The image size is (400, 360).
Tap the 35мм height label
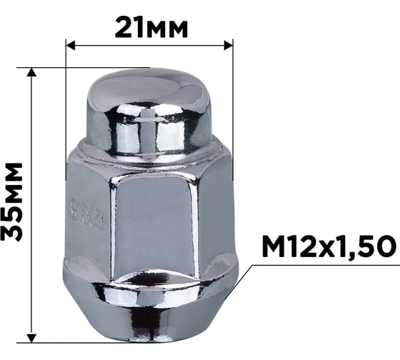(13, 201)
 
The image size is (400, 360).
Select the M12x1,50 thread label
(328, 247)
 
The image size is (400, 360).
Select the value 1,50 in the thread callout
(356, 247)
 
